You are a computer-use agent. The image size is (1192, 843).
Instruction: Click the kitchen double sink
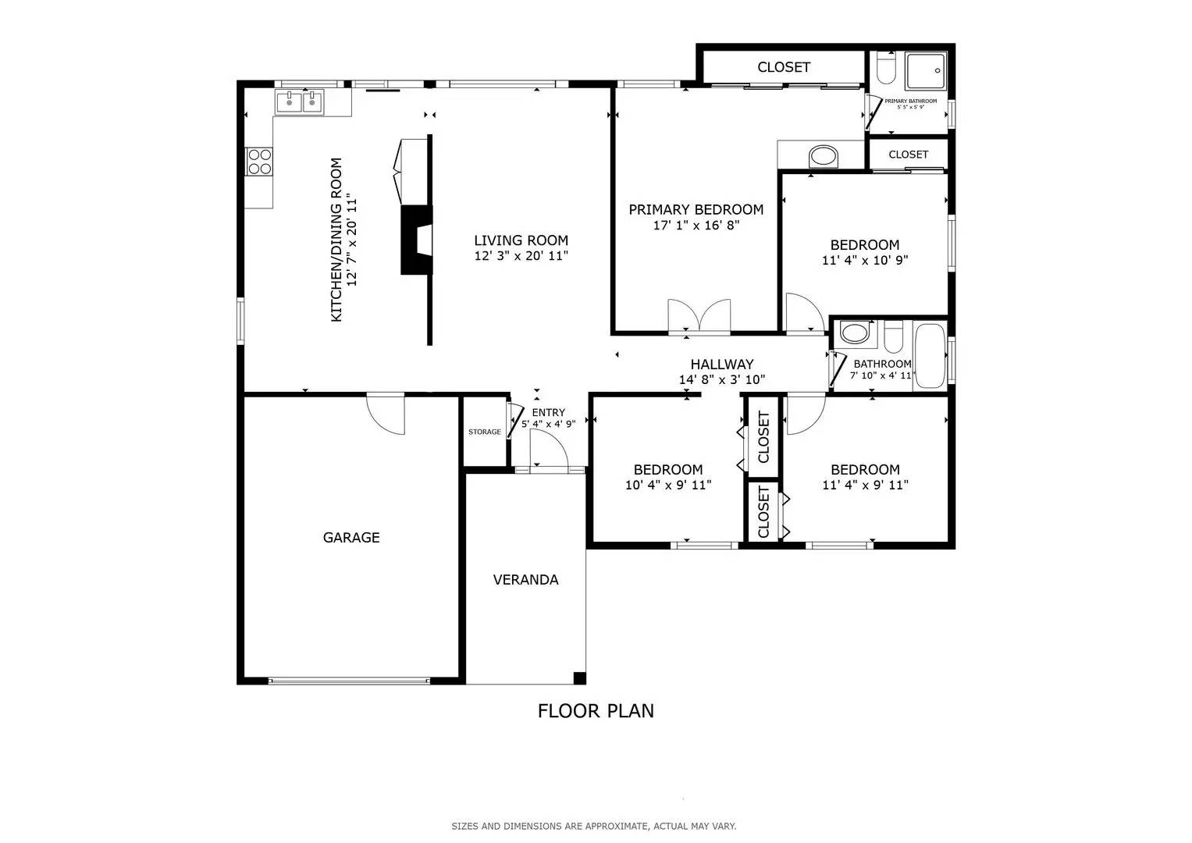[300, 101]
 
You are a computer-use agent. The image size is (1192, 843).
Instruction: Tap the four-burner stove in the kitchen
[259, 162]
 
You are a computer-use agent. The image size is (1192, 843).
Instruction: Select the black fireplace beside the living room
[417, 240]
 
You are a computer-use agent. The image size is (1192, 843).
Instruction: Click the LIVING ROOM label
[521, 240]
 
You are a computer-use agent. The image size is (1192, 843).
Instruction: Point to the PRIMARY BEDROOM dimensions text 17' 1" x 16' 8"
[696, 226]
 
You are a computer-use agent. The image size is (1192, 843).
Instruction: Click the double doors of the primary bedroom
[699, 317]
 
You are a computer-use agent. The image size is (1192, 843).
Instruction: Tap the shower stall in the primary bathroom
[925, 70]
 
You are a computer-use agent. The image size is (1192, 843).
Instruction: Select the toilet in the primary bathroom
[885, 69]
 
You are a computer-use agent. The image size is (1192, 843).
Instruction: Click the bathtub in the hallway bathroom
[929, 355]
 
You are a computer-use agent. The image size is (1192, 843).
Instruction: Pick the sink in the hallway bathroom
[854, 333]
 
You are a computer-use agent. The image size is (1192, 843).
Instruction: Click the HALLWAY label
[721, 365]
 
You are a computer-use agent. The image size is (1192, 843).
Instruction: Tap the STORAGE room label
[485, 432]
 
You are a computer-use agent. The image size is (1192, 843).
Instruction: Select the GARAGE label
[351, 538]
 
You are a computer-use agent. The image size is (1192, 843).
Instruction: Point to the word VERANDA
[525, 580]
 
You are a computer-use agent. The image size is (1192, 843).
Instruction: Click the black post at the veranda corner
[579, 678]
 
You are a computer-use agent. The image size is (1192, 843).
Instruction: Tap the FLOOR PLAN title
[596, 711]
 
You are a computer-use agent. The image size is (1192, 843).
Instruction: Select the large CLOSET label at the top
[784, 67]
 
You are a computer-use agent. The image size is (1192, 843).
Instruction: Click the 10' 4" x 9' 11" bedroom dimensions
[668, 485]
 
